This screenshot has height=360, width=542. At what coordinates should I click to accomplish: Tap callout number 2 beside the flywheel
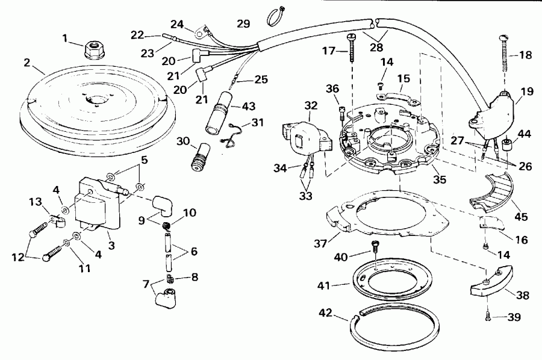coord(26,62)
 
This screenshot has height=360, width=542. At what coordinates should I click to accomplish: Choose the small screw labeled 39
coord(487,312)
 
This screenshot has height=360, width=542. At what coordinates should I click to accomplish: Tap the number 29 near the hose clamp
coord(243,23)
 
